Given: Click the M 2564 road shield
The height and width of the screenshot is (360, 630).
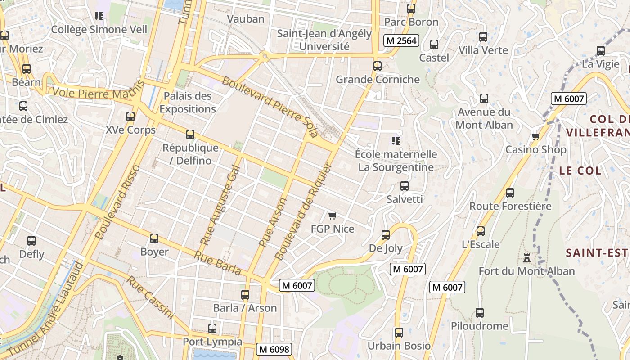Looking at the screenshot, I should tap(401, 40).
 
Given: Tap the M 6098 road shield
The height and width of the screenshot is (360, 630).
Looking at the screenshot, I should tap(274, 349).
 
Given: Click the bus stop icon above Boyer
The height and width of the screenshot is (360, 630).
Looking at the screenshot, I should tap(154, 238).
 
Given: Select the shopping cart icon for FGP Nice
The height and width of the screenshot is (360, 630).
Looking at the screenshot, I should tap(333, 216).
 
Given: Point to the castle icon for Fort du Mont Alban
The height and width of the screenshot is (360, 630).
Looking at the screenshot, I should tap(526, 258).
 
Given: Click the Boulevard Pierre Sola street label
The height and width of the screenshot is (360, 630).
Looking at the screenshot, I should tap(270, 107).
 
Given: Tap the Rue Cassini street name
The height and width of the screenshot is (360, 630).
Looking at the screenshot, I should tap(150, 297).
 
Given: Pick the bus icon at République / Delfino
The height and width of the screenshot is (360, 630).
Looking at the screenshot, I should tap(190, 135).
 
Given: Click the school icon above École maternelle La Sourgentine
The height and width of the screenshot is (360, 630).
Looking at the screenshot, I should tap(396, 141).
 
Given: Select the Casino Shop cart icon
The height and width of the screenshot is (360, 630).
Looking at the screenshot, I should tap(535, 136).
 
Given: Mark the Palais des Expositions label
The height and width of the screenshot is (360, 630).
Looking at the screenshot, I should tap(188, 103).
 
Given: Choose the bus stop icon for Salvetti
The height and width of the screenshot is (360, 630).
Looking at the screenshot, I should tap(405, 186).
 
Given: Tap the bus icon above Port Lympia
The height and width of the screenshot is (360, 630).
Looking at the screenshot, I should tap(212, 328).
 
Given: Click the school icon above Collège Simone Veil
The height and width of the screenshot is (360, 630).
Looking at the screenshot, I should tap(99, 17).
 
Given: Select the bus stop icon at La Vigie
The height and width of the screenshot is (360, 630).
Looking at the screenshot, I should tap(601, 51).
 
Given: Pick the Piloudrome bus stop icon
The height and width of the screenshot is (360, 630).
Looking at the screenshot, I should tap(480, 313).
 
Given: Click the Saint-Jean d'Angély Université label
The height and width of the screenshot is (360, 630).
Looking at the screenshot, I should tap(324, 40).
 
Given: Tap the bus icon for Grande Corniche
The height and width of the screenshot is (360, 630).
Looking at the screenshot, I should tap(378, 66).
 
